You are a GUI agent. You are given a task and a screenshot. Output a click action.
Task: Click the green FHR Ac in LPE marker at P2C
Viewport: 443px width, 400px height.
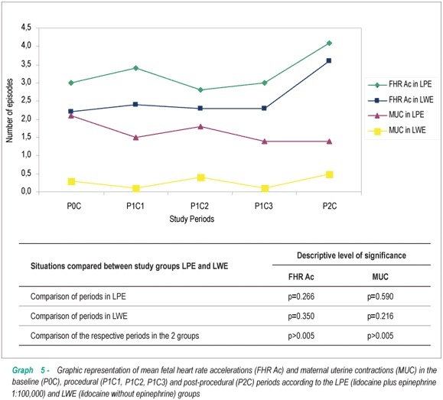[329, 43]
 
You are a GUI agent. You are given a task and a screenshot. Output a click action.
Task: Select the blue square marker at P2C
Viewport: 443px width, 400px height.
[329, 60]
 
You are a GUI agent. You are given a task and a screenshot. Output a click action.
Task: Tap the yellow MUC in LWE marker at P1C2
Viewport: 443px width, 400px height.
[201, 177]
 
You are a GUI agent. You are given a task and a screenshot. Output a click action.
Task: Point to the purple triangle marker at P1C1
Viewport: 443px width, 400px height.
[136, 138]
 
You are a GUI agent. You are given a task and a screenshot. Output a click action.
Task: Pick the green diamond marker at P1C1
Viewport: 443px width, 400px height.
[136, 68]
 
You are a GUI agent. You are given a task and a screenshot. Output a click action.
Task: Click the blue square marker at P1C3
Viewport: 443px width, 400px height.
[264, 108]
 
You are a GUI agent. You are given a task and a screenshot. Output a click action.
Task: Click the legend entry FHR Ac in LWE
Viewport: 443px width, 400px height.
[400, 99]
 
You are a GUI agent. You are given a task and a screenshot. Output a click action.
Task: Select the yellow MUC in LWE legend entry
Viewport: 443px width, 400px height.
[396, 130]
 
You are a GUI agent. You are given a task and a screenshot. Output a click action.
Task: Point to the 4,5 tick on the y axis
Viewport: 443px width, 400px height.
[26, 28]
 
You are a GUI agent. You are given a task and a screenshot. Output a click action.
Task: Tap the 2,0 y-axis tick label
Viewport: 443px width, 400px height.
[26, 119]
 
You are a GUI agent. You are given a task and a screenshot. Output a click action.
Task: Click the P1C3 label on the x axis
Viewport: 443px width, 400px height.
[264, 207]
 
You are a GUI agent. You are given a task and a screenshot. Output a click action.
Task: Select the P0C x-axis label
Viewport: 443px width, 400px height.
[74, 207]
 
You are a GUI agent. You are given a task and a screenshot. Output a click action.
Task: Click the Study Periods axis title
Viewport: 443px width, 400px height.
[192, 219]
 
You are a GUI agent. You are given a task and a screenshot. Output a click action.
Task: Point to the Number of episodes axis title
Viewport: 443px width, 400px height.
[10, 110]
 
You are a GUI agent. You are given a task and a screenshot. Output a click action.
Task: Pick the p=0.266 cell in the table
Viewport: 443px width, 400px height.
[301, 297]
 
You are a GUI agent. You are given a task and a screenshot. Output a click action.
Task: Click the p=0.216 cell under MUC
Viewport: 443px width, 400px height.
[380, 316]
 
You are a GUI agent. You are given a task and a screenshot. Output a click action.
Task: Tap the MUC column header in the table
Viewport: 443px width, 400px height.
[380, 277]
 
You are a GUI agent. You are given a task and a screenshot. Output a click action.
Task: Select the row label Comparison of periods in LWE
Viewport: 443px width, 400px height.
[79, 316]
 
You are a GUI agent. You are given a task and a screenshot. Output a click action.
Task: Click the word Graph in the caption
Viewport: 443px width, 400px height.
[23, 370]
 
